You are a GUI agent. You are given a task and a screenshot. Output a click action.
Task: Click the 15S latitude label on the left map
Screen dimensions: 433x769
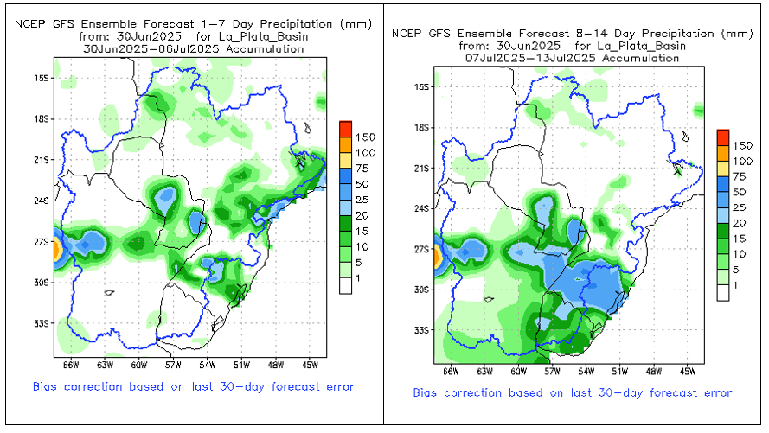pos(40,78)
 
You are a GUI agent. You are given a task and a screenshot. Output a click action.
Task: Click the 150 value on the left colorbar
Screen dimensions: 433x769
pos(365,137)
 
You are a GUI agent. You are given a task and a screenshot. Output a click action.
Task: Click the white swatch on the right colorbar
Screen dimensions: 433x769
pos(723,293)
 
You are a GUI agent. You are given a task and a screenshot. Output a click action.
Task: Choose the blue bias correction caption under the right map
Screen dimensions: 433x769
pos(572,393)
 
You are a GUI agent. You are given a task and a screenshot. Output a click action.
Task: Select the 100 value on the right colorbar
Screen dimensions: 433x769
pos(743,162)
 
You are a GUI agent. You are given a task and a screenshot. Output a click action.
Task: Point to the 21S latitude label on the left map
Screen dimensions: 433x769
pos(40,160)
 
